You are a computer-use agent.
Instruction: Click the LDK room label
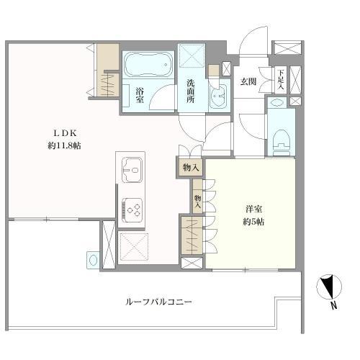click(x=65, y=133)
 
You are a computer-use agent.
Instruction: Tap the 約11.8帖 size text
click(x=64, y=145)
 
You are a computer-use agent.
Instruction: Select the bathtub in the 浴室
click(x=148, y=64)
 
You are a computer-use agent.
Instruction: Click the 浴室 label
click(x=140, y=96)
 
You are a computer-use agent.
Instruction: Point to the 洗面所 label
click(x=191, y=91)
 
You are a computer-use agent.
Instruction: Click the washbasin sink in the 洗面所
click(x=218, y=96)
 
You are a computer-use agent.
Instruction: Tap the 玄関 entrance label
click(x=248, y=82)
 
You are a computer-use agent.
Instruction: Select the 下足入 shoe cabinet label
click(x=281, y=80)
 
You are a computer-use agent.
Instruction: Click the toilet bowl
click(x=281, y=143)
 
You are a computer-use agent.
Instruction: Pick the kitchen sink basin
click(x=132, y=170)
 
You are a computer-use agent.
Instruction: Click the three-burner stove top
click(x=132, y=209)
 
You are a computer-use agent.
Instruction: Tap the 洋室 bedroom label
click(x=253, y=210)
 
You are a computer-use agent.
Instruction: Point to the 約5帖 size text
click(x=253, y=222)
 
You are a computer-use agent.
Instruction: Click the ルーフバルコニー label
click(x=158, y=302)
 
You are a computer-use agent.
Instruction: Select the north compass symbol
click(x=329, y=287)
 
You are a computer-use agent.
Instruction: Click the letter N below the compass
click(x=333, y=305)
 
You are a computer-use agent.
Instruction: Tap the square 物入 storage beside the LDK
click(x=191, y=168)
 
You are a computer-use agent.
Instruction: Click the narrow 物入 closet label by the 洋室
click(x=198, y=202)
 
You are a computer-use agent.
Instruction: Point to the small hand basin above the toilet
click(x=276, y=102)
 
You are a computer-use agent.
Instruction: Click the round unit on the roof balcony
click(x=93, y=260)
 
